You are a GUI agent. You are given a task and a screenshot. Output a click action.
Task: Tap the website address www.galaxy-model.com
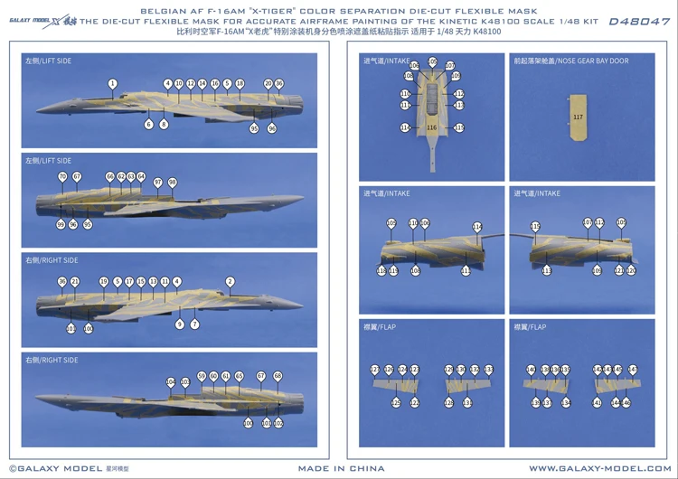(599, 468)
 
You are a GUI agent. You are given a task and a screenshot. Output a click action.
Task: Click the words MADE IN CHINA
(341, 468)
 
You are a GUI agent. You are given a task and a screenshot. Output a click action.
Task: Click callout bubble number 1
(112, 83)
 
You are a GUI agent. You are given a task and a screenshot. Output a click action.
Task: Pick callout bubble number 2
(230, 281)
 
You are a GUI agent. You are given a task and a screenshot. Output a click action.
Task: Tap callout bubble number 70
(62, 176)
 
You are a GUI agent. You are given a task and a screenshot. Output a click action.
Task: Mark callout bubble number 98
(172, 182)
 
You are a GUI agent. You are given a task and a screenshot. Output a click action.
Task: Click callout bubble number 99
(61, 224)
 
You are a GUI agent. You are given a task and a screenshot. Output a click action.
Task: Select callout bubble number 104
(171, 382)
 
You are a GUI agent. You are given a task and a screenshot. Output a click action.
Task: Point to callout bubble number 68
(278, 375)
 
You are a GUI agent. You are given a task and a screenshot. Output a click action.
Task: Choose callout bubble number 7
(194, 324)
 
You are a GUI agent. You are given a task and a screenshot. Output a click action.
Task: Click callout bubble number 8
(164, 125)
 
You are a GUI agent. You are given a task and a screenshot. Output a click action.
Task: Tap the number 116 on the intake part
(431, 127)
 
